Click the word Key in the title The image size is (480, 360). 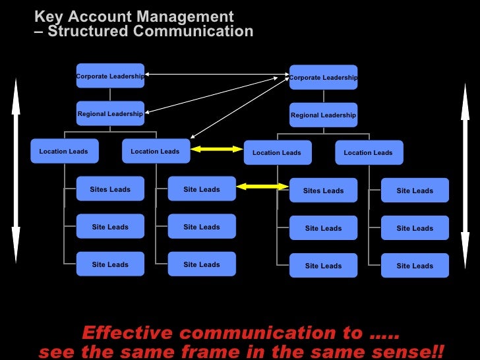(48, 16)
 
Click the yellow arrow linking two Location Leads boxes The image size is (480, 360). (217, 150)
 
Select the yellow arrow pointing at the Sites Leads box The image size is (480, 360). (262, 187)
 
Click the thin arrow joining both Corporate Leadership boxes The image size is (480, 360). (217, 75)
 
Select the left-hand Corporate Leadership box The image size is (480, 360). (110, 76)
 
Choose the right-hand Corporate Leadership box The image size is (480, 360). (323, 77)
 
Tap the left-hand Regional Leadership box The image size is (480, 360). (110, 113)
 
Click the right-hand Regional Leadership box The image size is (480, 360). (323, 115)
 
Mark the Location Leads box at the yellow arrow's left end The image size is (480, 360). (156, 151)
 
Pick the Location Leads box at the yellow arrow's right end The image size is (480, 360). (277, 152)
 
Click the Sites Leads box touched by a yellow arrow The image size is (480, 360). (323, 191)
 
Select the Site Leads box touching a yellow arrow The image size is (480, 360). (202, 189)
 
